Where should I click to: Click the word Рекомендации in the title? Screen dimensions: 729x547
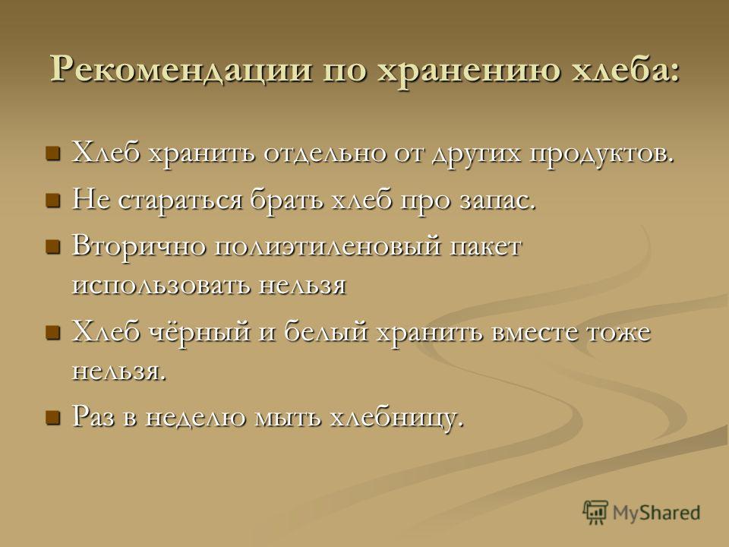click(x=181, y=70)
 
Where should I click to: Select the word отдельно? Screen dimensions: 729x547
click(x=324, y=154)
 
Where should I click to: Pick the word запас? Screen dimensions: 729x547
click(x=497, y=201)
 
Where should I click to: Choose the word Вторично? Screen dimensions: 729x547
click(x=139, y=245)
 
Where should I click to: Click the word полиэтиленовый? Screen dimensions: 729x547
click(x=327, y=246)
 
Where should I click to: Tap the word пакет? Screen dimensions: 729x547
click(x=485, y=246)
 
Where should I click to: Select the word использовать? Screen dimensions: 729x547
click(x=161, y=286)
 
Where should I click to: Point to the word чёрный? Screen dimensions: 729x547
click(x=199, y=333)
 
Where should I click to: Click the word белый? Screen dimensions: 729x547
click(x=326, y=332)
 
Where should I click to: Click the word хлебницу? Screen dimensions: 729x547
click(x=396, y=417)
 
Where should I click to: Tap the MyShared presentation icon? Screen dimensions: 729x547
click(x=595, y=513)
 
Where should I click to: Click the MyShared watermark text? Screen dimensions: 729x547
click(x=656, y=513)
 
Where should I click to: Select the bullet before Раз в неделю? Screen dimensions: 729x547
click(x=53, y=417)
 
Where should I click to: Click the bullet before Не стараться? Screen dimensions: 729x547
click(x=53, y=201)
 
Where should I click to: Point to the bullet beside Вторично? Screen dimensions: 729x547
click(x=53, y=246)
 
